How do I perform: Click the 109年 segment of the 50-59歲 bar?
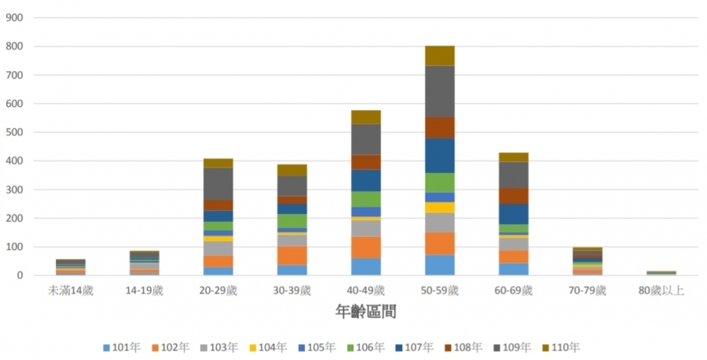[440, 90]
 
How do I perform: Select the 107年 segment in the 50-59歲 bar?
[440, 155]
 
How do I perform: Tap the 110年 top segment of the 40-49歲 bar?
[365, 116]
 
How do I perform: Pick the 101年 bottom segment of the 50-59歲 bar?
[440, 265]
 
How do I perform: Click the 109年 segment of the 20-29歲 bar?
[218, 183]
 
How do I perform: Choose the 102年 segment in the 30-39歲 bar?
[291, 255]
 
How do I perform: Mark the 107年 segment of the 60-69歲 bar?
[514, 214]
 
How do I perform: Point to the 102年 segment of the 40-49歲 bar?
[365, 247]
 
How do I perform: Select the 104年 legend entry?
[267, 347]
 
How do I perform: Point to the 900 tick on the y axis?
[15, 18]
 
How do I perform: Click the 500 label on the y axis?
[15, 133]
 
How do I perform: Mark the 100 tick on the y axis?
[15, 248]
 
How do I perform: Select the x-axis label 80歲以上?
[661, 291]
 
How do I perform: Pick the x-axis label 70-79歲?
[588, 291]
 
